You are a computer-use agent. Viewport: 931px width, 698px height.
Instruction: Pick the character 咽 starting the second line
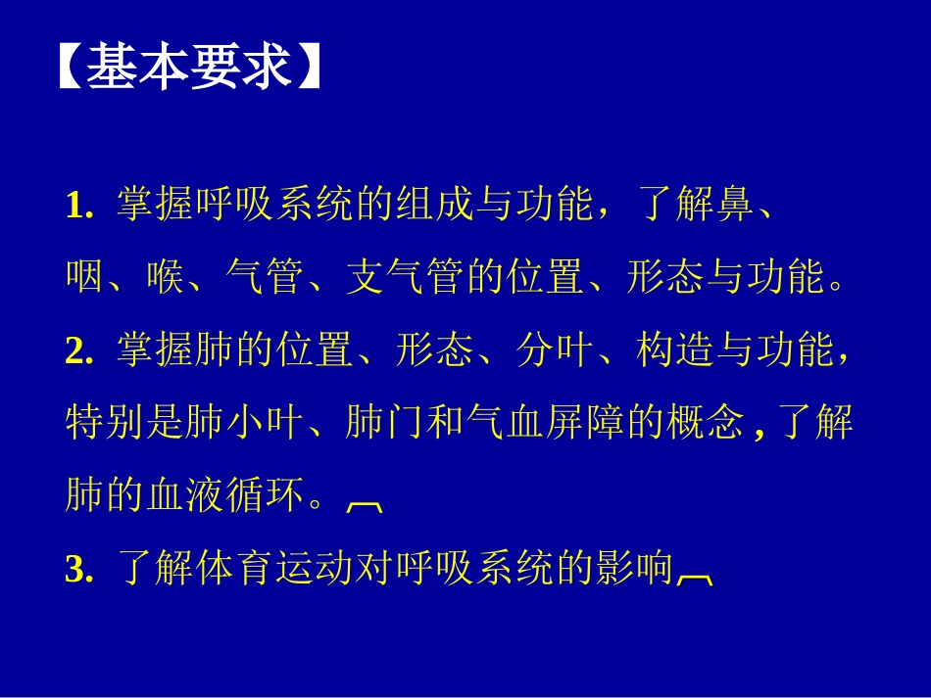tap(84, 278)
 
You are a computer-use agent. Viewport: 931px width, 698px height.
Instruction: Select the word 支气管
tap(405, 278)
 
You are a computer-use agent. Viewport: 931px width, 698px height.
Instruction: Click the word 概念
tap(705, 424)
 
